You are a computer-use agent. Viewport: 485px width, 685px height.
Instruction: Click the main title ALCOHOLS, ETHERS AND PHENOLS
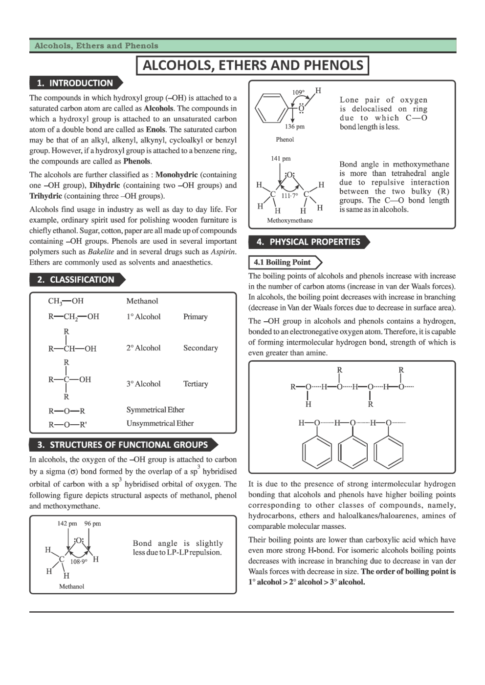[x=252, y=65]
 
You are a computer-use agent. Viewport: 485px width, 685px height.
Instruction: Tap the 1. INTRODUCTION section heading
[x=75, y=83]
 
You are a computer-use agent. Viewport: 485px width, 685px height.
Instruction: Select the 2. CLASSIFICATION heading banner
[x=76, y=280]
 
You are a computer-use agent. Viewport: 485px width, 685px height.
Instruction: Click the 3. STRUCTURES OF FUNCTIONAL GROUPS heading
[x=122, y=445]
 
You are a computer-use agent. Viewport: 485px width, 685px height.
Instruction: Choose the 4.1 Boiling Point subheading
[x=282, y=263]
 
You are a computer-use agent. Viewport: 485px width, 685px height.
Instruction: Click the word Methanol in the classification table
[x=142, y=301]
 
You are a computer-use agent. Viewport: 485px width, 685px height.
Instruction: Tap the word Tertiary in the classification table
[x=196, y=384]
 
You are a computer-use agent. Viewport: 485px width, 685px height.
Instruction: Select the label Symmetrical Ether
[x=155, y=410]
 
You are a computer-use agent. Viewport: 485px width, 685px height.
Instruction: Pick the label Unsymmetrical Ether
[x=160, y=423]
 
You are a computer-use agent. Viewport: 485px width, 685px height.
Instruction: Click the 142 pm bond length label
[x=67, y=523]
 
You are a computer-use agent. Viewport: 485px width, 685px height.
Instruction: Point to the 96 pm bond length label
[x=92, y=523]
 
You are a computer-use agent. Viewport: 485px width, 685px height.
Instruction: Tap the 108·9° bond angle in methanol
[x=79, y=561]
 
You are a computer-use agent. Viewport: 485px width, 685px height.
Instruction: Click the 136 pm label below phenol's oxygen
[x=294, y=127]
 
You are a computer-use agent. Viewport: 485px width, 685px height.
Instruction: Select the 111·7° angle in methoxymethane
[x=289, y=195]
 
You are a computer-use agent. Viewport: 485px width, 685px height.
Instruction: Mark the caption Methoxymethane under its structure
[x=290, y=221]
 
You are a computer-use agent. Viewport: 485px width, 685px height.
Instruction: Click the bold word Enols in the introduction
[x=155, y=129]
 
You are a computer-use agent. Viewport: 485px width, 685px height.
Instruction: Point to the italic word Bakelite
[x=101, y=252]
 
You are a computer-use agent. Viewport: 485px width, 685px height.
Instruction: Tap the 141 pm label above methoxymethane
[x=281, y=159]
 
